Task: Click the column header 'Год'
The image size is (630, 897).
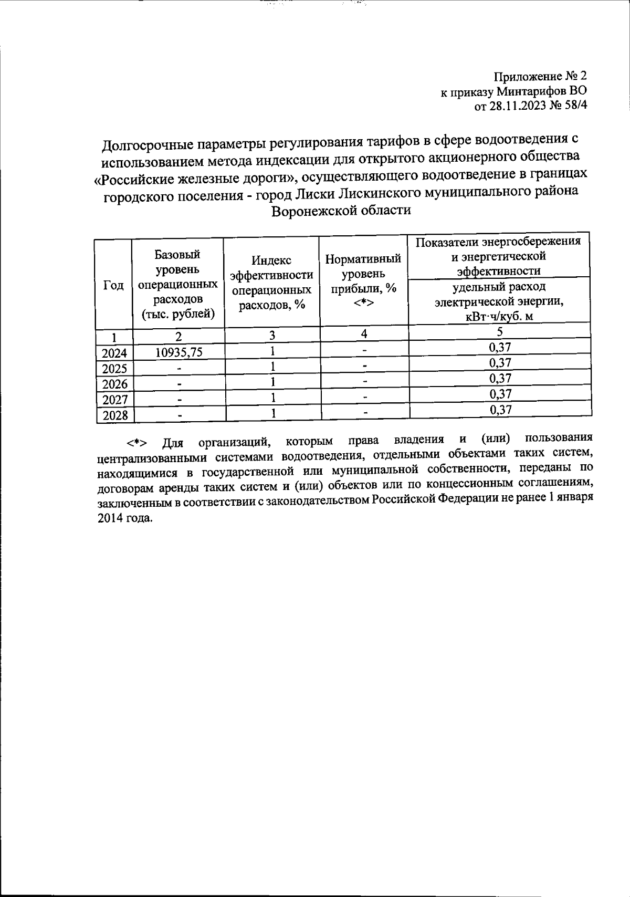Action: pos(113,285)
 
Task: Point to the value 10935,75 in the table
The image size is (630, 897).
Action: pos(178,352)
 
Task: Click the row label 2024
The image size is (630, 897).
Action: pos(114,353)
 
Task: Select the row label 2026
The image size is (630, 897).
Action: pos(114,384)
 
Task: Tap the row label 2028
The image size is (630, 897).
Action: pos(114,415)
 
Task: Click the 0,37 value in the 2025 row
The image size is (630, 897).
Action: pos(500,363)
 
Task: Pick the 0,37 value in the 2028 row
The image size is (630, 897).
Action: pos(500,410)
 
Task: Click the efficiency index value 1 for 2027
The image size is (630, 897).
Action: pos(273,398)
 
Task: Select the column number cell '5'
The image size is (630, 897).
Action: pos(500,331)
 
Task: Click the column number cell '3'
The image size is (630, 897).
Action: pos(272,335)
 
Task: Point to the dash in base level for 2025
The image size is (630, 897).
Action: pos(179,369)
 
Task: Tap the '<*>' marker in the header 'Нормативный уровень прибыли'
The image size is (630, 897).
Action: pos(363,303)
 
